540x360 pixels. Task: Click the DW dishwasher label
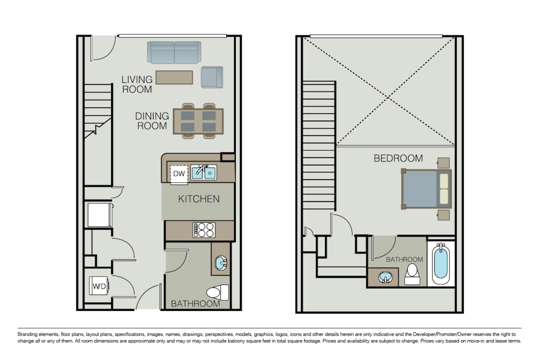coord(179,174)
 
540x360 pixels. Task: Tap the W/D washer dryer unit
coord(99,286)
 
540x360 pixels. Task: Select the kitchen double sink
coord(204,172)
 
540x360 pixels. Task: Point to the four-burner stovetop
coord(204,230)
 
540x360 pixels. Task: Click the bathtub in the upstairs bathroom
coord(441,264)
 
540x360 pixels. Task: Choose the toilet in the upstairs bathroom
coord(412,274)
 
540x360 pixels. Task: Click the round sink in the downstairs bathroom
coord(221,263)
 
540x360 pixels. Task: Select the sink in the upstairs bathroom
coord(386,277)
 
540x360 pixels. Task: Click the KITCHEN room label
coord(199,199)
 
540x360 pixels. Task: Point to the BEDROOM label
coord(398,158)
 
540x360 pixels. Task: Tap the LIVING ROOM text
coord(137,85)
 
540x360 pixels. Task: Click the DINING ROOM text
coord(152,121)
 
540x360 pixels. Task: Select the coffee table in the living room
coord(174,77)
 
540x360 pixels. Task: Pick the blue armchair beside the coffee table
coord(212,77)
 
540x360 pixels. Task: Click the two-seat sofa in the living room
coord(174,52)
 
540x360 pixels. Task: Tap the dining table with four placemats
coord(198,121)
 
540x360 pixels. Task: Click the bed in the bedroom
coord(426,189)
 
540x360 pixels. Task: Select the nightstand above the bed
coord(444,163)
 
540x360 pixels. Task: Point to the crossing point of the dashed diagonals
coord(388,98)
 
